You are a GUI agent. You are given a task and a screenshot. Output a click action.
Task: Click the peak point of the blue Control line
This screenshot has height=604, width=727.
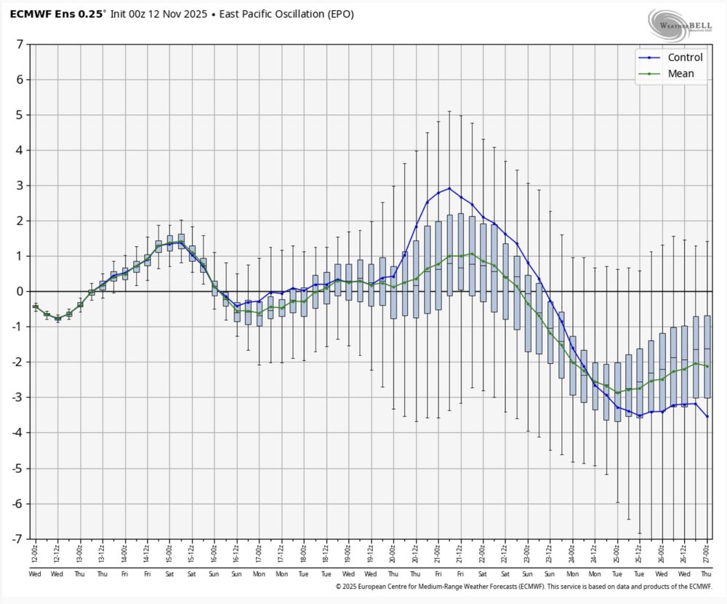point(449,188)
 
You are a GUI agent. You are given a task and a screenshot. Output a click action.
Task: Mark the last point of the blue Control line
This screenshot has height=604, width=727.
point(707,416)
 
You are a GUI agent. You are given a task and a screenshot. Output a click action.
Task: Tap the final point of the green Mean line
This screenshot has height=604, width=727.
point(707,366)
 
